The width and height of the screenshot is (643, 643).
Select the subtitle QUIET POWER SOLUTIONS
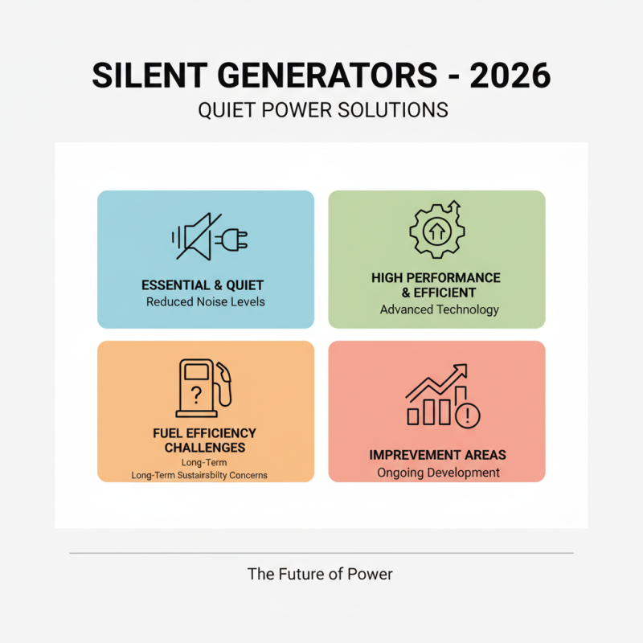[x=322, y=110]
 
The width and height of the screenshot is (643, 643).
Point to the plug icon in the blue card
[x=234, y=239]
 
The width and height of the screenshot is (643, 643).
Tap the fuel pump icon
[x=203, y=388]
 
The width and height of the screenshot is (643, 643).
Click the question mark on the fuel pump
[x=195, y=394]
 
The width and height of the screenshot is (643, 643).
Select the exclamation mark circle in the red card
[x=467, y=416]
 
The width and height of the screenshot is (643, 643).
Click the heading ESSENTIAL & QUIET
[x=203, y=285]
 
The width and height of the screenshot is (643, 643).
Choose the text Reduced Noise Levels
[x=206, y=302]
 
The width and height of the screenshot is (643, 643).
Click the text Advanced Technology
[x=440, y=309]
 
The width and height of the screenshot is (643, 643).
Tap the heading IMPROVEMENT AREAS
[x=438, y=455]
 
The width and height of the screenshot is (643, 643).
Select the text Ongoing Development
[x=439, y=473]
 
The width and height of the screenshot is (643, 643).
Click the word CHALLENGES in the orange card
[x=205, y=448]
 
